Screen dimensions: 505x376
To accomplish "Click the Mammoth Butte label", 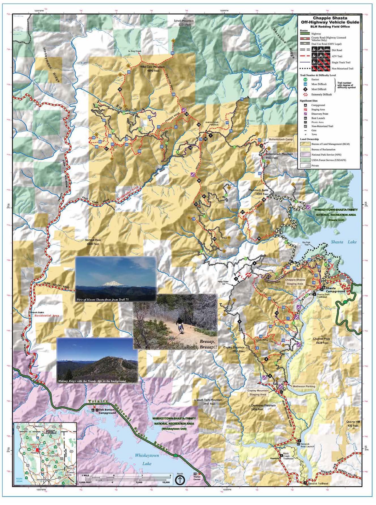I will tap(258, 192).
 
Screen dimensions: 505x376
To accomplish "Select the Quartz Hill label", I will tap(352, 424).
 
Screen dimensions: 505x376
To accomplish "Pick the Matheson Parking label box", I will tap(304, 386).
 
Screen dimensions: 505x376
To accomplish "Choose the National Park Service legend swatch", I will tap(305, 155).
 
